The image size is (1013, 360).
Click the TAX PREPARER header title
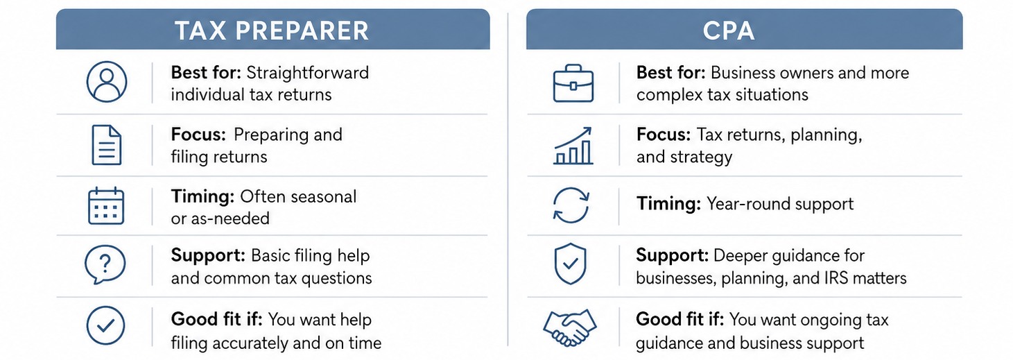(x=272, y=31)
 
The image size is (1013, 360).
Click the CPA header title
(x=729, y=31)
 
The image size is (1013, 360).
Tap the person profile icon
(x=107, y=82)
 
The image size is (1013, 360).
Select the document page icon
(x=107, y=145)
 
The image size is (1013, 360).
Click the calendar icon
(x=106, y=206)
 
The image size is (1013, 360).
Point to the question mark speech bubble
(x=105, y=264)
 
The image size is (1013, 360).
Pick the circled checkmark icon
(x=105, y=325)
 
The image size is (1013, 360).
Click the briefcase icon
(x=573, y=83)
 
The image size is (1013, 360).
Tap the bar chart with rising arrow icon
(x=573, y=146)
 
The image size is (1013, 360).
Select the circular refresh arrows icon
(x=571, y=205)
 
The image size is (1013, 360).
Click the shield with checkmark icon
(x=570, y=264)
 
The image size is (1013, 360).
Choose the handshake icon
(x=570, y=327)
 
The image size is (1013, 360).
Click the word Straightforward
(x=308, y=73)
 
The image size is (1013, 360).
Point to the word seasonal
(x=323, y=197)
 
